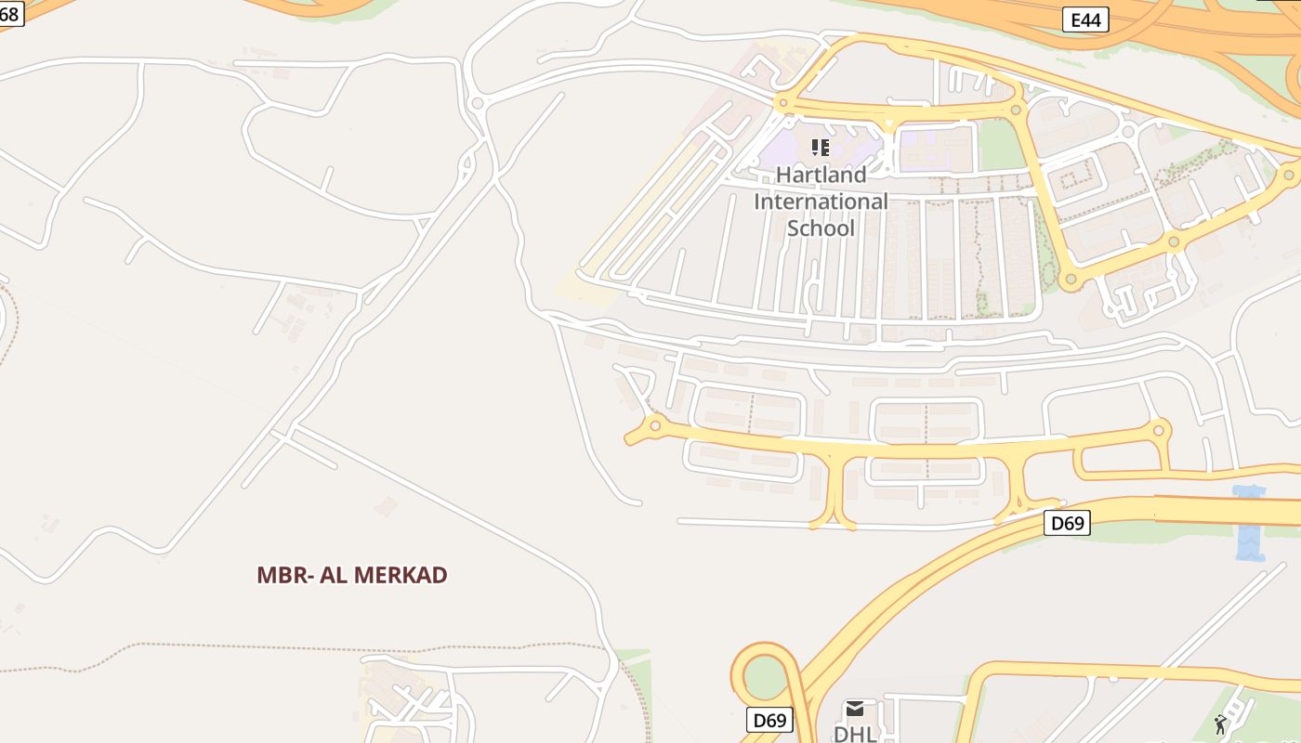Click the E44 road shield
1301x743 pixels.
pos(1085,20)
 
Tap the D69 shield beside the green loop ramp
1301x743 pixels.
pos(769,720)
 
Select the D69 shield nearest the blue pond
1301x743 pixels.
pos(1067,523)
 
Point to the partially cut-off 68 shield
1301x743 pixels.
pos(9,14)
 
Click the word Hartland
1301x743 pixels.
pos(821,175)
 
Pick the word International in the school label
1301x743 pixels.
pos(821,202)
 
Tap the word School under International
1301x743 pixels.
pos(821,228)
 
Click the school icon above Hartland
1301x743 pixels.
pos(820,147)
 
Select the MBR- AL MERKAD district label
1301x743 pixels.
pos(352,575)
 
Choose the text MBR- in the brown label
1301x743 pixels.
pos(284,575)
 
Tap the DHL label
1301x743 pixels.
pos(855,734)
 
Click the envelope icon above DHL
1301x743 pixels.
pos(855,710)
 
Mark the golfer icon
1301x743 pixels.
pos(1220,724)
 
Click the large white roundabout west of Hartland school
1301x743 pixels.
pos(478,103)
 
